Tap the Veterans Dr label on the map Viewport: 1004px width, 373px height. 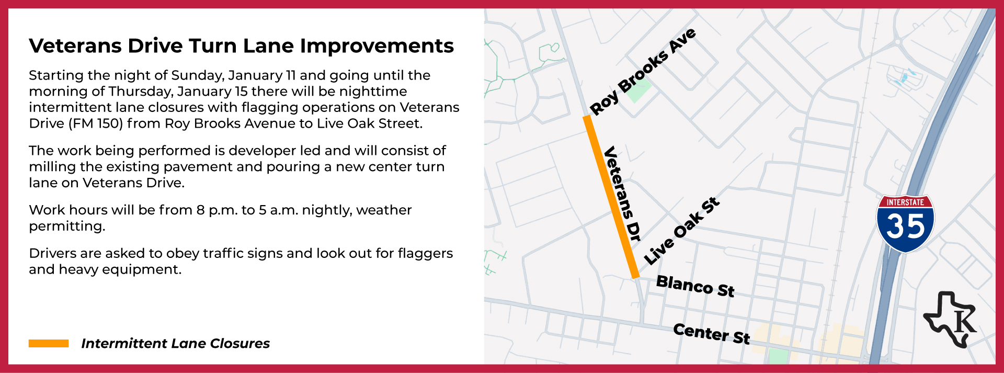click(622, 194)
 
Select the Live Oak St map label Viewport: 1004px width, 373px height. click(682, 231)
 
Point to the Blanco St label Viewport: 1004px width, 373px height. click(695, 286)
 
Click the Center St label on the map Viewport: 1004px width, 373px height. click(711, 333)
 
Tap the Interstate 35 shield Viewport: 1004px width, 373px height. click(905, 223)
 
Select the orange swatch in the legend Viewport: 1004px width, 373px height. click(49, 343)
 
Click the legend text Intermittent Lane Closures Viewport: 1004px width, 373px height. click(175, 343)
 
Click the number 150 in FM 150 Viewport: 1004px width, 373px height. click(109, 123)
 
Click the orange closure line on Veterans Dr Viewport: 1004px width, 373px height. click(611, 196)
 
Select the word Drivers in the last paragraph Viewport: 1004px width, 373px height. click(52, 253)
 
